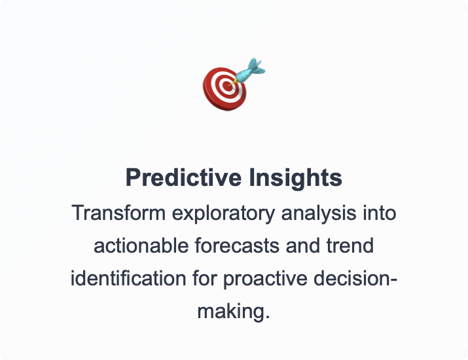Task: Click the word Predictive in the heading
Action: [x=183, y=177]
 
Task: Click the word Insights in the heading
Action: [x=295, y=178]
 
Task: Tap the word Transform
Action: [x=118, y=213]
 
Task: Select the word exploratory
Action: [x=223, y=214]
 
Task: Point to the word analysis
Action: [x=319, y=214]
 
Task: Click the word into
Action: [x=380, y=213]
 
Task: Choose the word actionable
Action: [x=141, y=245]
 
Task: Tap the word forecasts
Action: [x=238, y=245]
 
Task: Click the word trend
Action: [x=350, y=245]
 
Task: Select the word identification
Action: [x=128, y=278]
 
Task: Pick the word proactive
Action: [x=265, y=279]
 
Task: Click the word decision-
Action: [x=355, y=278]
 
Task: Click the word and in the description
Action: [x=303, y=245]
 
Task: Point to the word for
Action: [x=205, y=278]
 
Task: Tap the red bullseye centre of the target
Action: [x=227, y=85]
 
